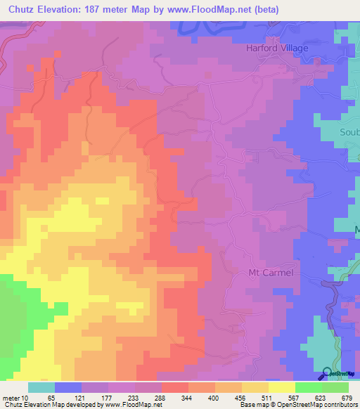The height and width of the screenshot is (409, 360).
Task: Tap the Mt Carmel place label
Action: pyautogui.click(x=270, y=272)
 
